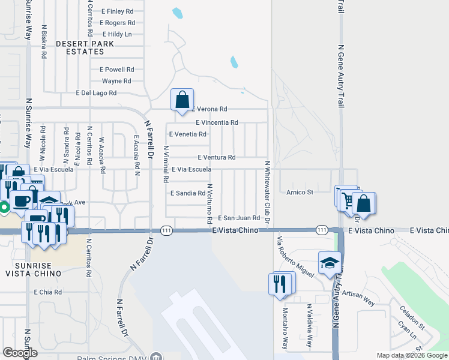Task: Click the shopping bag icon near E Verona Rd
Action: click(x=182, y=100)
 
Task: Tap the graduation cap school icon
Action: click(x=329, y=263)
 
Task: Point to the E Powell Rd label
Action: click(x=117, y=70)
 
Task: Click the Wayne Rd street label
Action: click(x=116, y=81)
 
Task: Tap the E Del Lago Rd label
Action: click(x=96, y=93)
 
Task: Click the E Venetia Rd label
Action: click(x=188, y=134)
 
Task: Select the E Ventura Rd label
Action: click(x=215, y=157)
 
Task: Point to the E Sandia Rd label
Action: click(x=188, y=193)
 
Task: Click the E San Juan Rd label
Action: click(x=238, y=218)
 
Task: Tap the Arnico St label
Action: click(x=300, y=192)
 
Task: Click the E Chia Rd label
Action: click(x=48, y=292)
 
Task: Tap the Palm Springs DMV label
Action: click(x=113, y=358)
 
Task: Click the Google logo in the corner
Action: click(x=20, y=353)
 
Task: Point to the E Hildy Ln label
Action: click(x=117, y=34)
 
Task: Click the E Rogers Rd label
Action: click(x=118, y=23)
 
